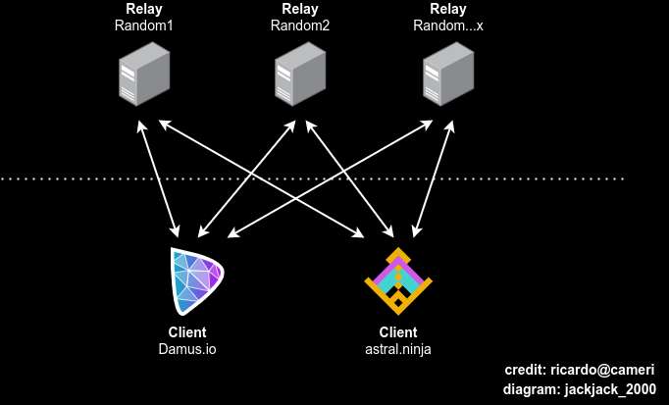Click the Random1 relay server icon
pos(143,78)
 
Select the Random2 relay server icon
pos(300,78)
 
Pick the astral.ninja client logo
pos(398,280)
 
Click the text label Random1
pos(143,25)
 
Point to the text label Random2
pos(300,25)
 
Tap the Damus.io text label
pos(186,348)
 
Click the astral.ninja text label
pos(398,348)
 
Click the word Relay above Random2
pos(300,10)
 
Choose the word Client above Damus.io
pos(187,331)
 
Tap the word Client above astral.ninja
pos(398,331)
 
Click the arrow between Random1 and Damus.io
pos(159,181)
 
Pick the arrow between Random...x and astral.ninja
pos(435,181)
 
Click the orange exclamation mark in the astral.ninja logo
pos(398,278)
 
